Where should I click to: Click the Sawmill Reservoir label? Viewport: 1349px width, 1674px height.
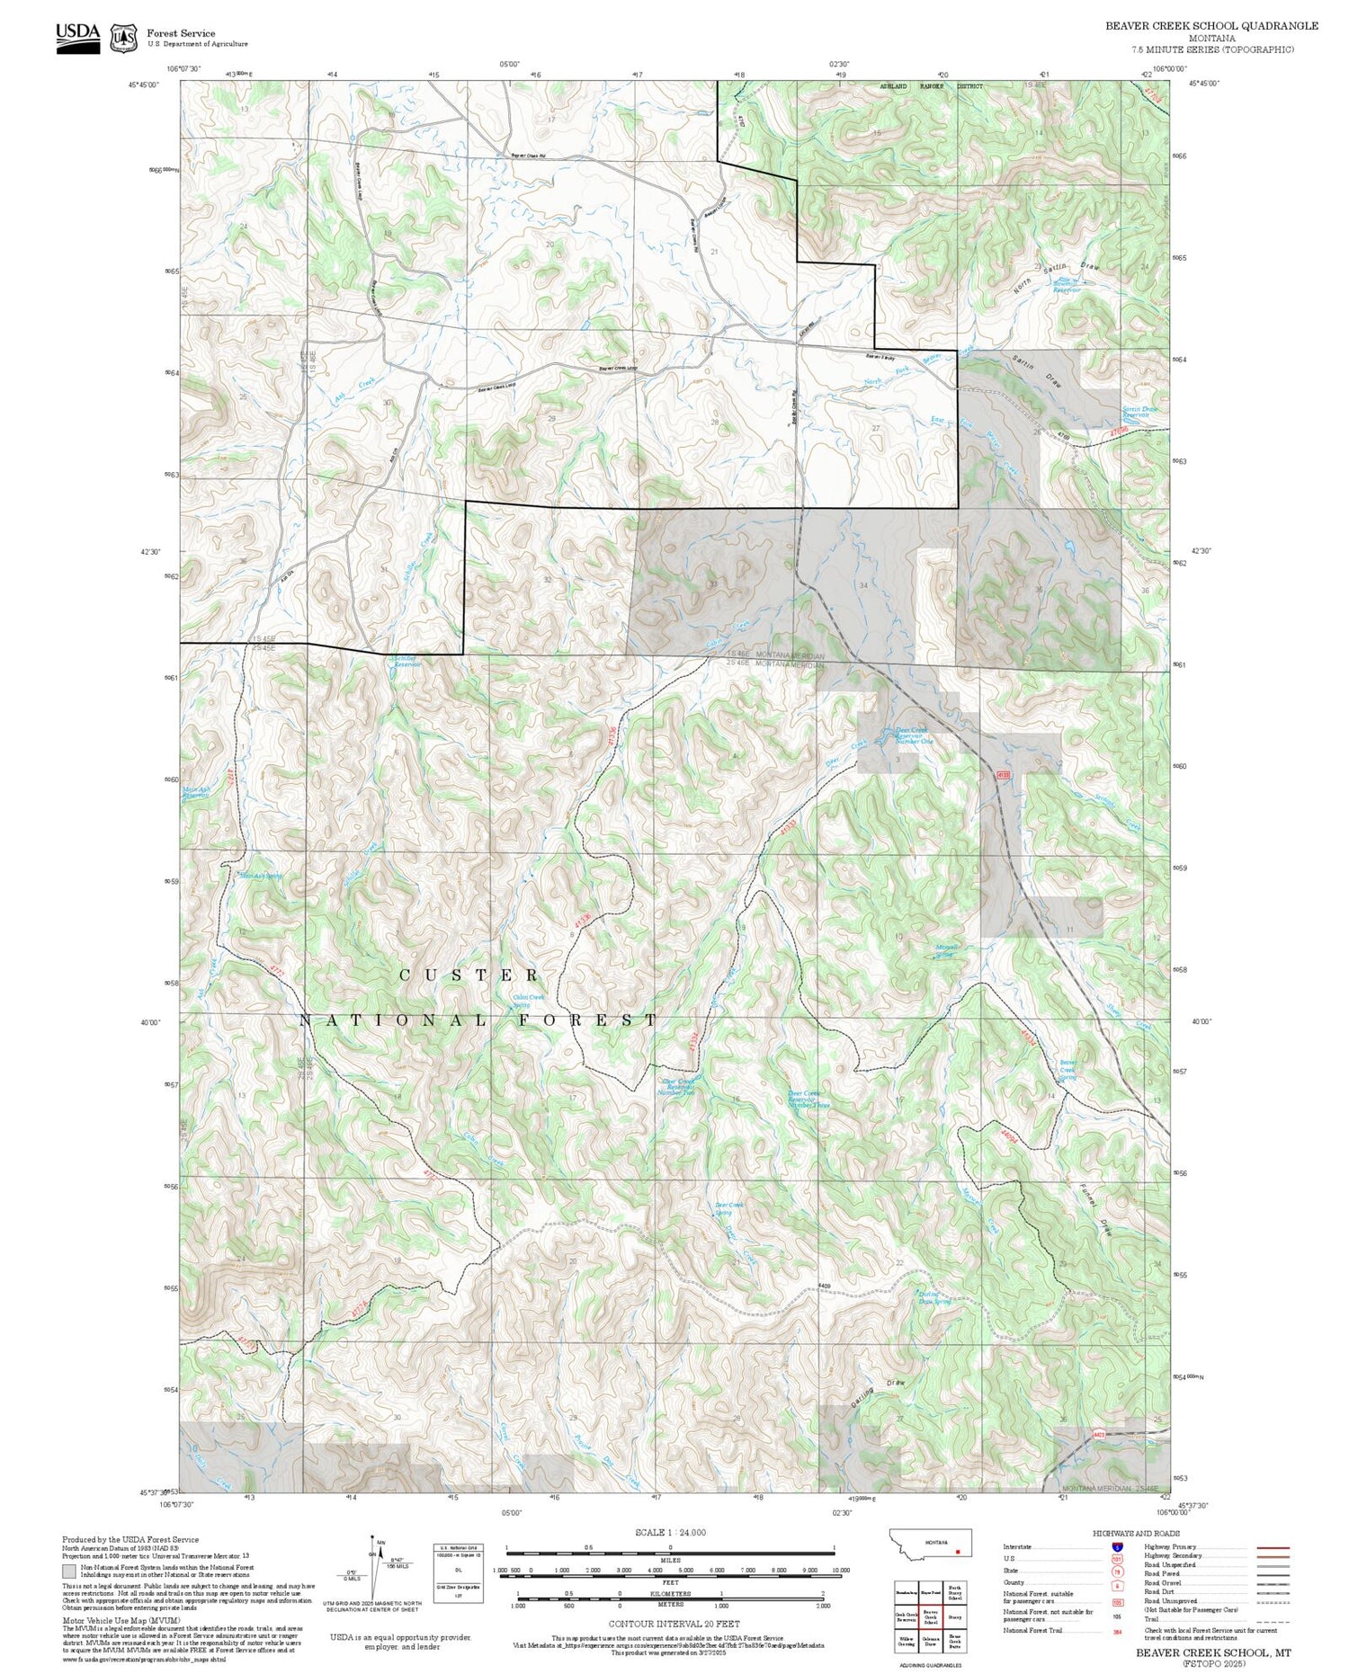coord(1067,287)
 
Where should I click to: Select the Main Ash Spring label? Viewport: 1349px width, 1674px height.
coord(260,875)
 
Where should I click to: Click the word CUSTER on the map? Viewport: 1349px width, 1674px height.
coord(469,975)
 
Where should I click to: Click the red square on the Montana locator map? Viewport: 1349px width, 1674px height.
coord(958,1551)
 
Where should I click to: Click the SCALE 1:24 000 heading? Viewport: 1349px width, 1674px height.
coord(670,1532)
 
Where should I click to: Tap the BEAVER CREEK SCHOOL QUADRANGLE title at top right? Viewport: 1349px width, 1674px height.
coord(1211,25)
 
